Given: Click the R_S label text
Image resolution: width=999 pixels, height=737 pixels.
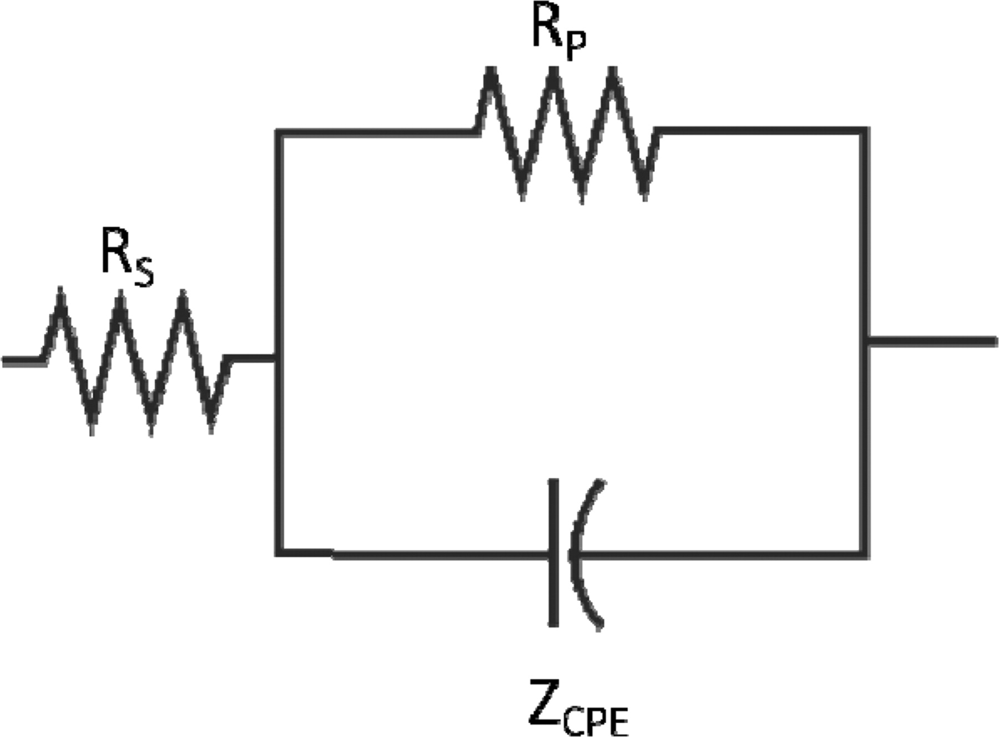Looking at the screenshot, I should [127, 258].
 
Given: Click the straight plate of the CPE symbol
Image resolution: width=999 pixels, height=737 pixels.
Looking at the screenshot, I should [553, 553].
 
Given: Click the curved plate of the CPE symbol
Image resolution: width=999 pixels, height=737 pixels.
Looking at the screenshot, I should [580, 553].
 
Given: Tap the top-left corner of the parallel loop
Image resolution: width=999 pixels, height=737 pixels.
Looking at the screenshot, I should [280, 132].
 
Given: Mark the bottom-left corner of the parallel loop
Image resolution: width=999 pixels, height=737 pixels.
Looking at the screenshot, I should [280, 553].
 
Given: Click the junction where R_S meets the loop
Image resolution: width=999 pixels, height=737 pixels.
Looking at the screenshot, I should [280, 359].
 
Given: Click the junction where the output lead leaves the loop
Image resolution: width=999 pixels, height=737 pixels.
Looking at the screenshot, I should [865, 342].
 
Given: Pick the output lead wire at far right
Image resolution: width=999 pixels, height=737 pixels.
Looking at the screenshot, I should [932, 342].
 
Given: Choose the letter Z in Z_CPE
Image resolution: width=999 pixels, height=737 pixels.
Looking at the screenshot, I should [544, 701].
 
